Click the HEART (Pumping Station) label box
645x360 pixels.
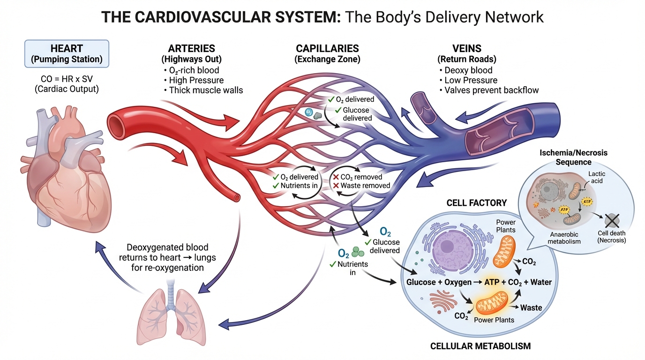[67, 53]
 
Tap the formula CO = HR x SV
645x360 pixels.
[67, 79]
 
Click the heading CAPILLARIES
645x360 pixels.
[327, 49]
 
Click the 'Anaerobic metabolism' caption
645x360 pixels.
[564, 238]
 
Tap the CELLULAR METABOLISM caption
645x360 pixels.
[480, 346]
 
